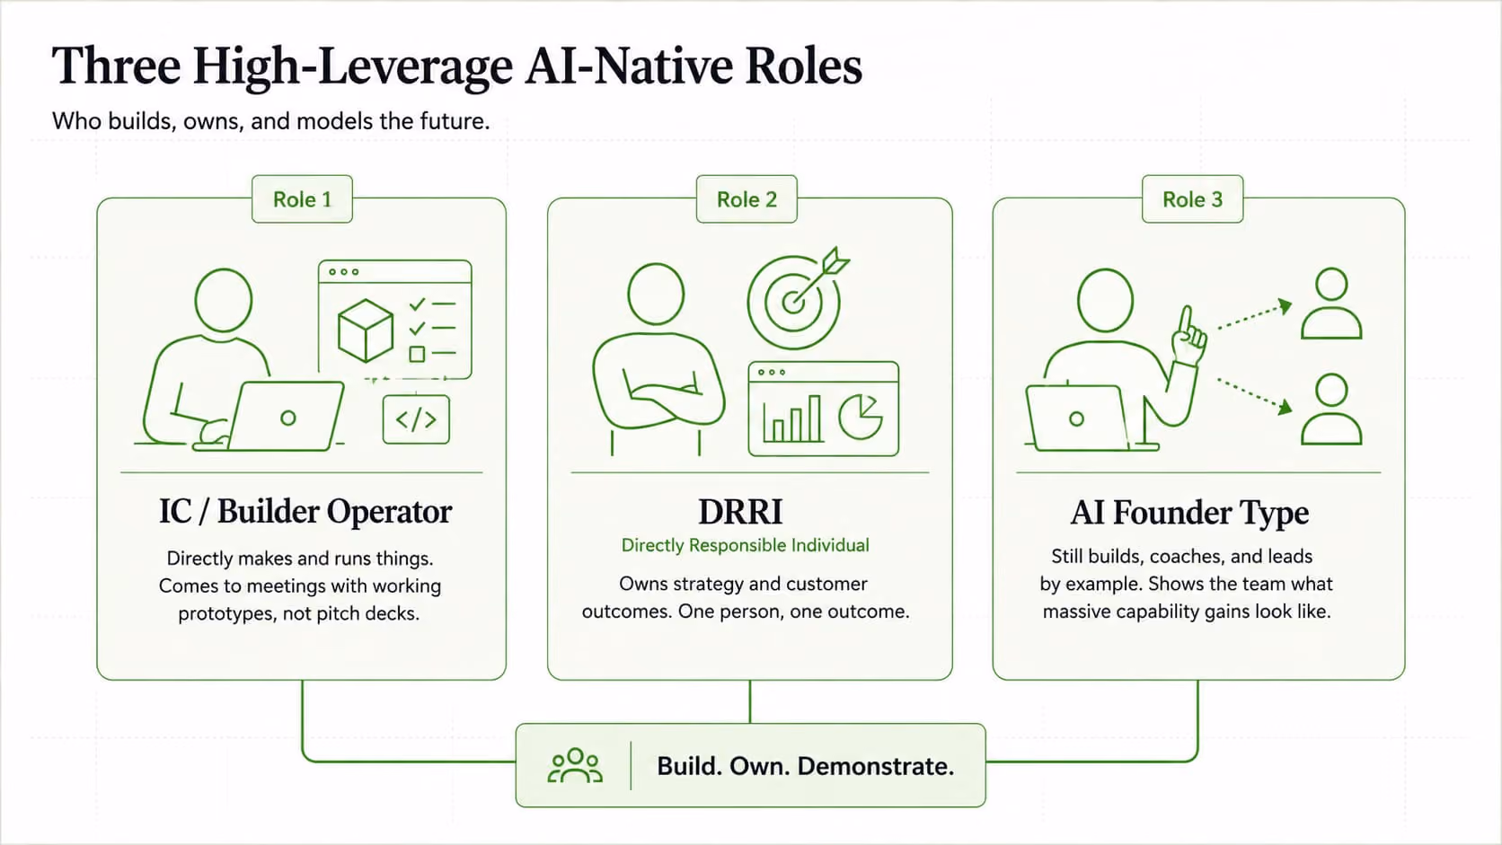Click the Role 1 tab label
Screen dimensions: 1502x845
click(302, 199)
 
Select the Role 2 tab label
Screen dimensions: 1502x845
click(747, 199)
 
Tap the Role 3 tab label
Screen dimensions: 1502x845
click(1192, 199)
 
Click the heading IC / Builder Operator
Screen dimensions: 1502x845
click(305, 511)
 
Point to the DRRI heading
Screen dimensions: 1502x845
click(740, 512)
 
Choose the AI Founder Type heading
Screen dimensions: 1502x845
click(1188, 514)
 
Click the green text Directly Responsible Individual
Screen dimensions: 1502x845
click(745, 545)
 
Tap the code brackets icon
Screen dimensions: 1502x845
click(416, 419)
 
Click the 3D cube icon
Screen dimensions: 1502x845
click(366, 330)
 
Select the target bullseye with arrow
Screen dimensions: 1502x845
click(797, 299)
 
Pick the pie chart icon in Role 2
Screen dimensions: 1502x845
click(861, 416)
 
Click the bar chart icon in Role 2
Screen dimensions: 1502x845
click(792, 419)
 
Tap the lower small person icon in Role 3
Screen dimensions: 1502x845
click(1331, 409)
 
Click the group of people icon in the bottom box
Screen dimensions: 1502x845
click(575, 765)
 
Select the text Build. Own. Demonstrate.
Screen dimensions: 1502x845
click(805, 766)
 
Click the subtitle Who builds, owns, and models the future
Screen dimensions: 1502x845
click(271, 121)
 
